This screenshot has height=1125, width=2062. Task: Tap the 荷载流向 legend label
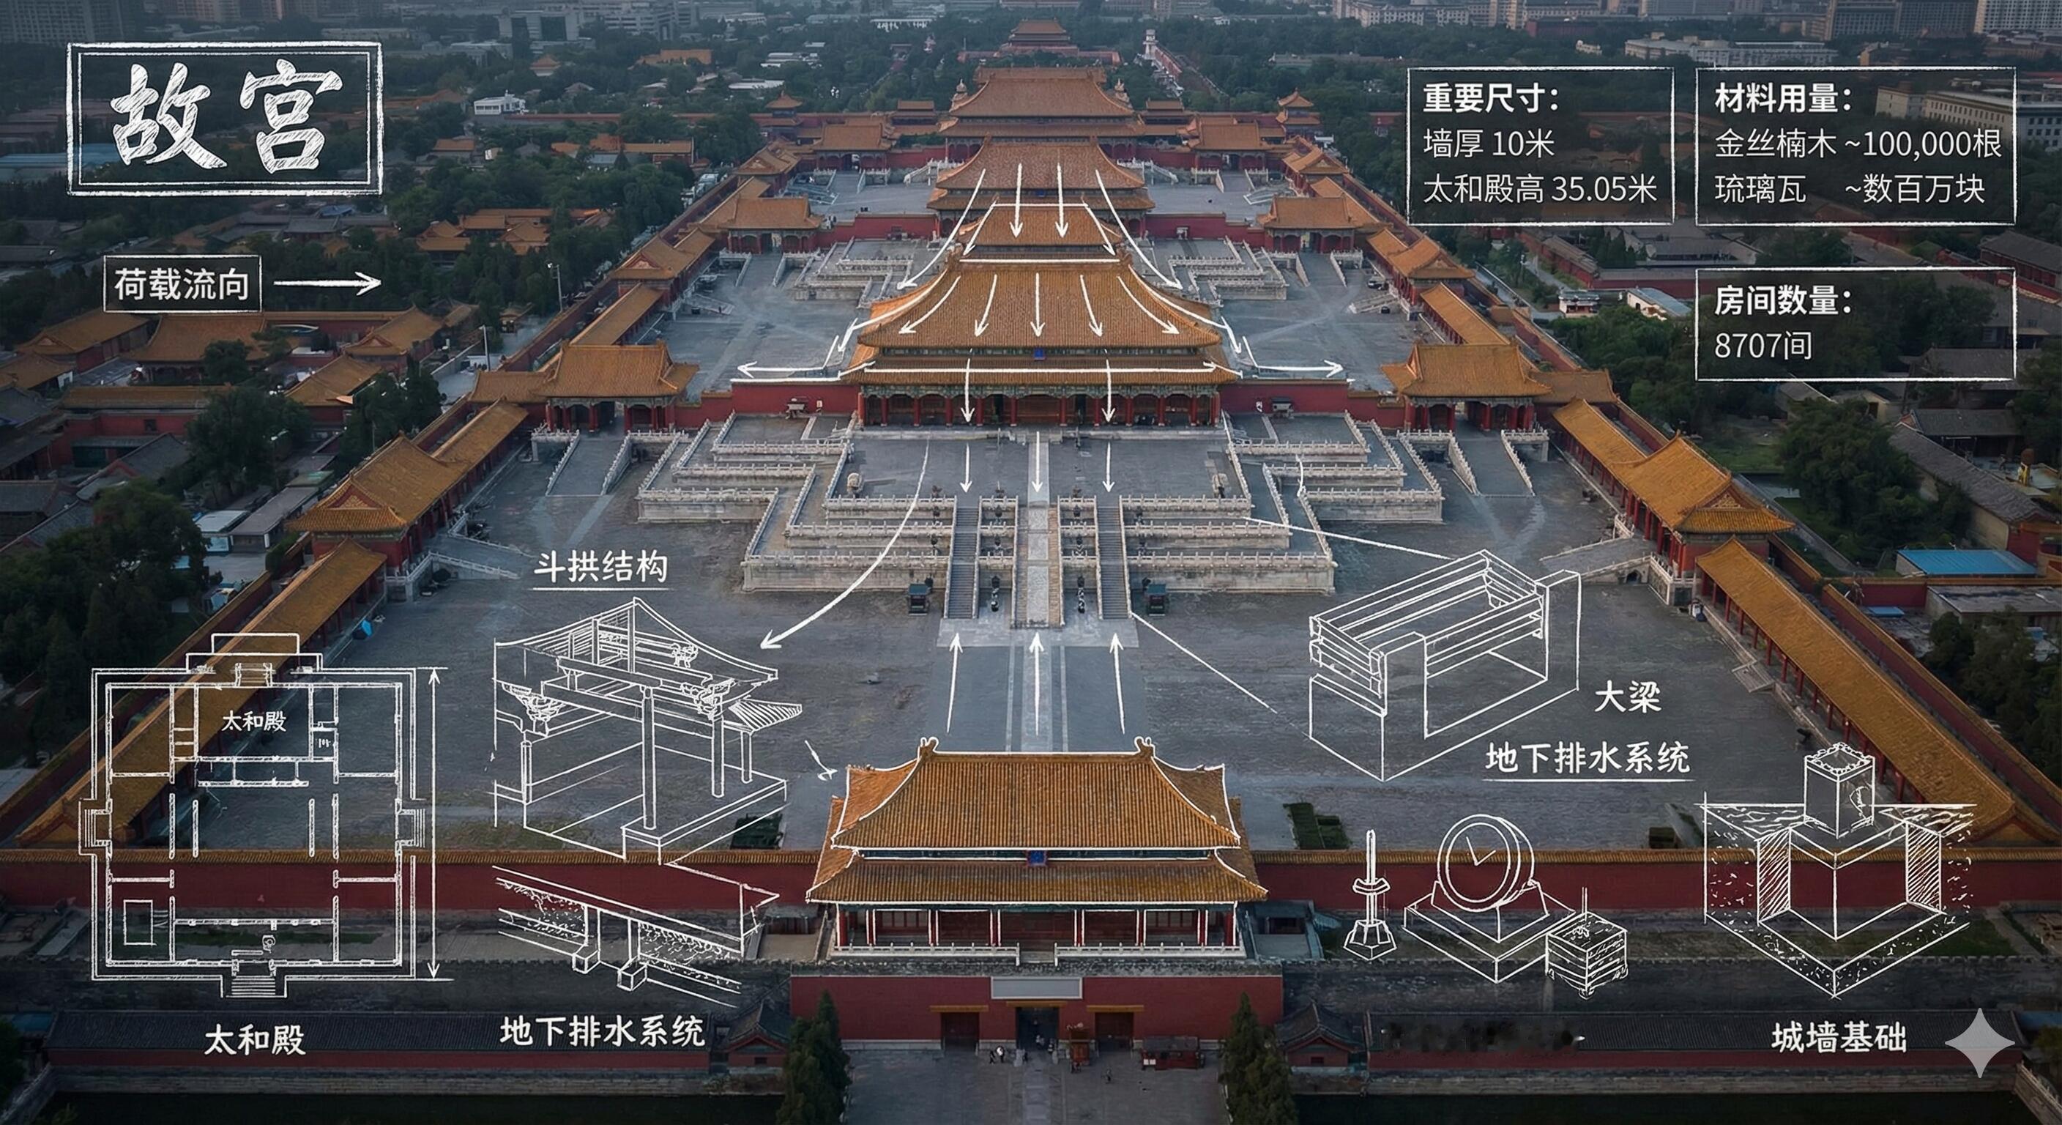pos(182,284)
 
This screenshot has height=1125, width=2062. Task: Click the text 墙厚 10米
pos(1488,144)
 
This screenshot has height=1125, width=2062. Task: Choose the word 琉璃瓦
pos(1749,190)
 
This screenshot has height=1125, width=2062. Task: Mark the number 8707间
pos(1762,346)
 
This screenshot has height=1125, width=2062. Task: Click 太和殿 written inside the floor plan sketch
pos(254,721)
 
